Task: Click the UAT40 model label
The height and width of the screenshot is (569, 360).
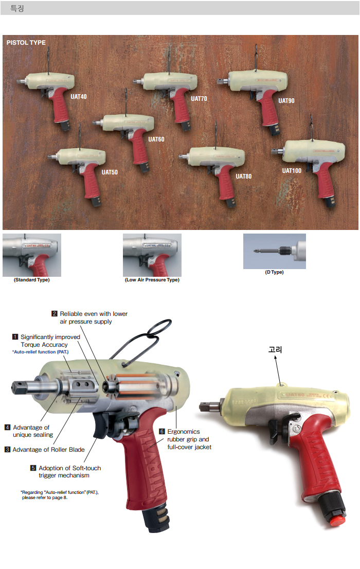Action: point(79,97)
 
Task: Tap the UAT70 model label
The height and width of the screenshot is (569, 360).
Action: point(199,98)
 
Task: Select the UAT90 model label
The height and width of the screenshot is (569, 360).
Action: point(286,101)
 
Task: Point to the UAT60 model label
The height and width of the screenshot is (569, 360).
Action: point(156,139)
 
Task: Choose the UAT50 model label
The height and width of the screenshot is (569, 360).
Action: point(110,172)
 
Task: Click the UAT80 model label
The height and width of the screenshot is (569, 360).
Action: point(243,176)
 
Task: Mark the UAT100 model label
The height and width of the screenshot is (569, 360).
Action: point(292,171)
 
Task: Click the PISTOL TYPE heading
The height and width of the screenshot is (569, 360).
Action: point(26,43)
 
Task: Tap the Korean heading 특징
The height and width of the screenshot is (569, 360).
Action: point(17,9)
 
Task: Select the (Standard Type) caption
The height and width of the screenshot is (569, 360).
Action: point(31,280)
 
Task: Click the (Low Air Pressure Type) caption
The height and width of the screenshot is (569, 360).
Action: point(152,280)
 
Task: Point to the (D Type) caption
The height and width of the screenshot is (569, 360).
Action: point(274,272)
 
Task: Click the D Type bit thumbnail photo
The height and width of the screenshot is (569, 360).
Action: point(274,251)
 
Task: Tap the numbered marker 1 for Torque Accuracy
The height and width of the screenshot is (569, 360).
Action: point(15,337)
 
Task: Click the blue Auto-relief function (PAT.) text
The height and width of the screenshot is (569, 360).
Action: point(40,352)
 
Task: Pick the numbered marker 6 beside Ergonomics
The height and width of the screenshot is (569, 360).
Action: point(162,432)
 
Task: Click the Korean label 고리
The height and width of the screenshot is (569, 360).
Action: point(276,350)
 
